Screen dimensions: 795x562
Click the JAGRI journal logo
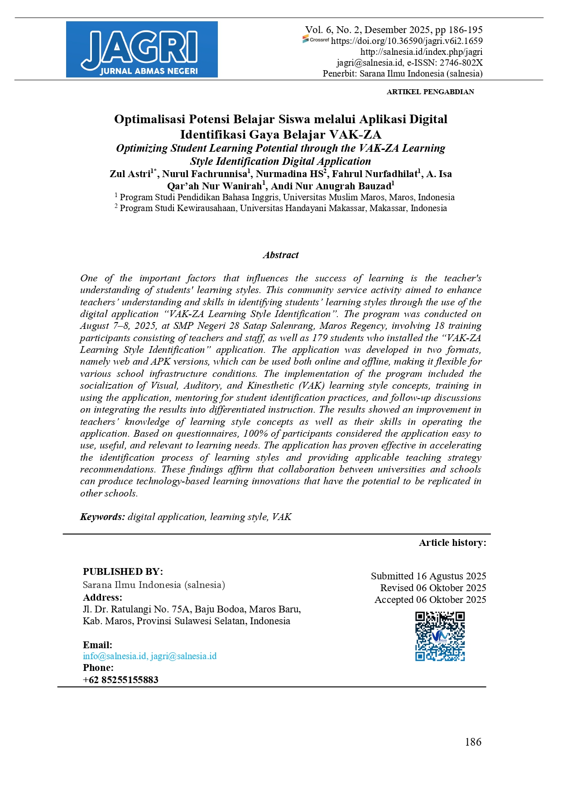tap(142, 49)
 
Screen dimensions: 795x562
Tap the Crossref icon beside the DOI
tap(316, 40)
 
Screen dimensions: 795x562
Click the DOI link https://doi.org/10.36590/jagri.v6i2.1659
tap(407, 41)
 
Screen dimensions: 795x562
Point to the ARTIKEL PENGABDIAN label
tap(430, 92)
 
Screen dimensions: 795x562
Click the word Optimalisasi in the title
tap(149, 119)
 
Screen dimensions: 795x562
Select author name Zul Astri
tap(130, 174)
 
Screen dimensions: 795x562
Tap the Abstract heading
tap(281, 255)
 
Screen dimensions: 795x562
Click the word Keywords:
tap(102, 517)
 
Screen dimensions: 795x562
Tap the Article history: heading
tap(452, 543)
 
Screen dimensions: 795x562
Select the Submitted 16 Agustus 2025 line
tap(428, 576)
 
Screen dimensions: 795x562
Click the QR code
tap(440, 636)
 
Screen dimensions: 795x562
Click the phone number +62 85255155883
tap(120, 679)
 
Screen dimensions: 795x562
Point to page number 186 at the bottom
tap(473, 742)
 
